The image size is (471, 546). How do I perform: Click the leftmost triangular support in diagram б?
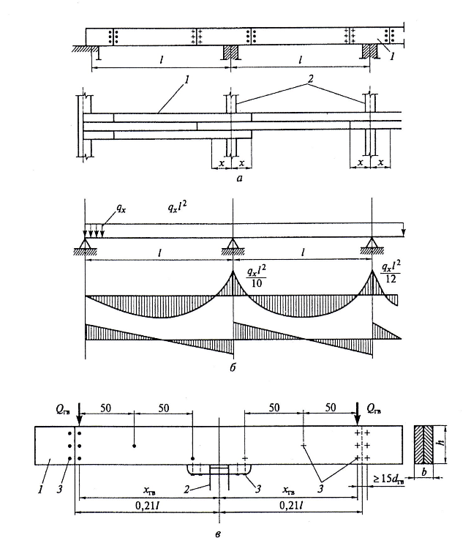click(x=86, y=245)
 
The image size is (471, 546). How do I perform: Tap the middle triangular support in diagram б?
click(x=232, y=245)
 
